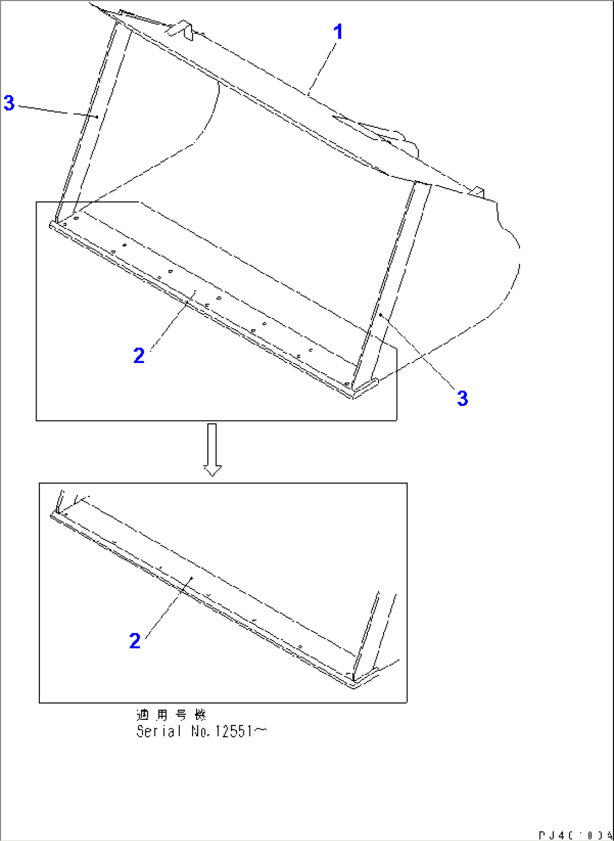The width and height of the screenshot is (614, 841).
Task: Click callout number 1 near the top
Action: click(338, 32)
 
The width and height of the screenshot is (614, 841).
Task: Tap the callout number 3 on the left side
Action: click(9, 103)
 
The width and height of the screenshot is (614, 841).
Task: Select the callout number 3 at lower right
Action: click(462, 399)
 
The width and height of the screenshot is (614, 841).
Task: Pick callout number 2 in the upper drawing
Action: click(139, 356)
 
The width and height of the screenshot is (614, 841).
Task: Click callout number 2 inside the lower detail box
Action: click(135, 641)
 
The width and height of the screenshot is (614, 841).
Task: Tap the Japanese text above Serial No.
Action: click(171, 715)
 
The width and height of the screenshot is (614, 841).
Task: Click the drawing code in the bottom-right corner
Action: click(575, 835)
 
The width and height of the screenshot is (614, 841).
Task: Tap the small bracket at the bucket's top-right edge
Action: click(477, 192)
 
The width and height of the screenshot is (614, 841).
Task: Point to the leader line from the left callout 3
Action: click(56, 110)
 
